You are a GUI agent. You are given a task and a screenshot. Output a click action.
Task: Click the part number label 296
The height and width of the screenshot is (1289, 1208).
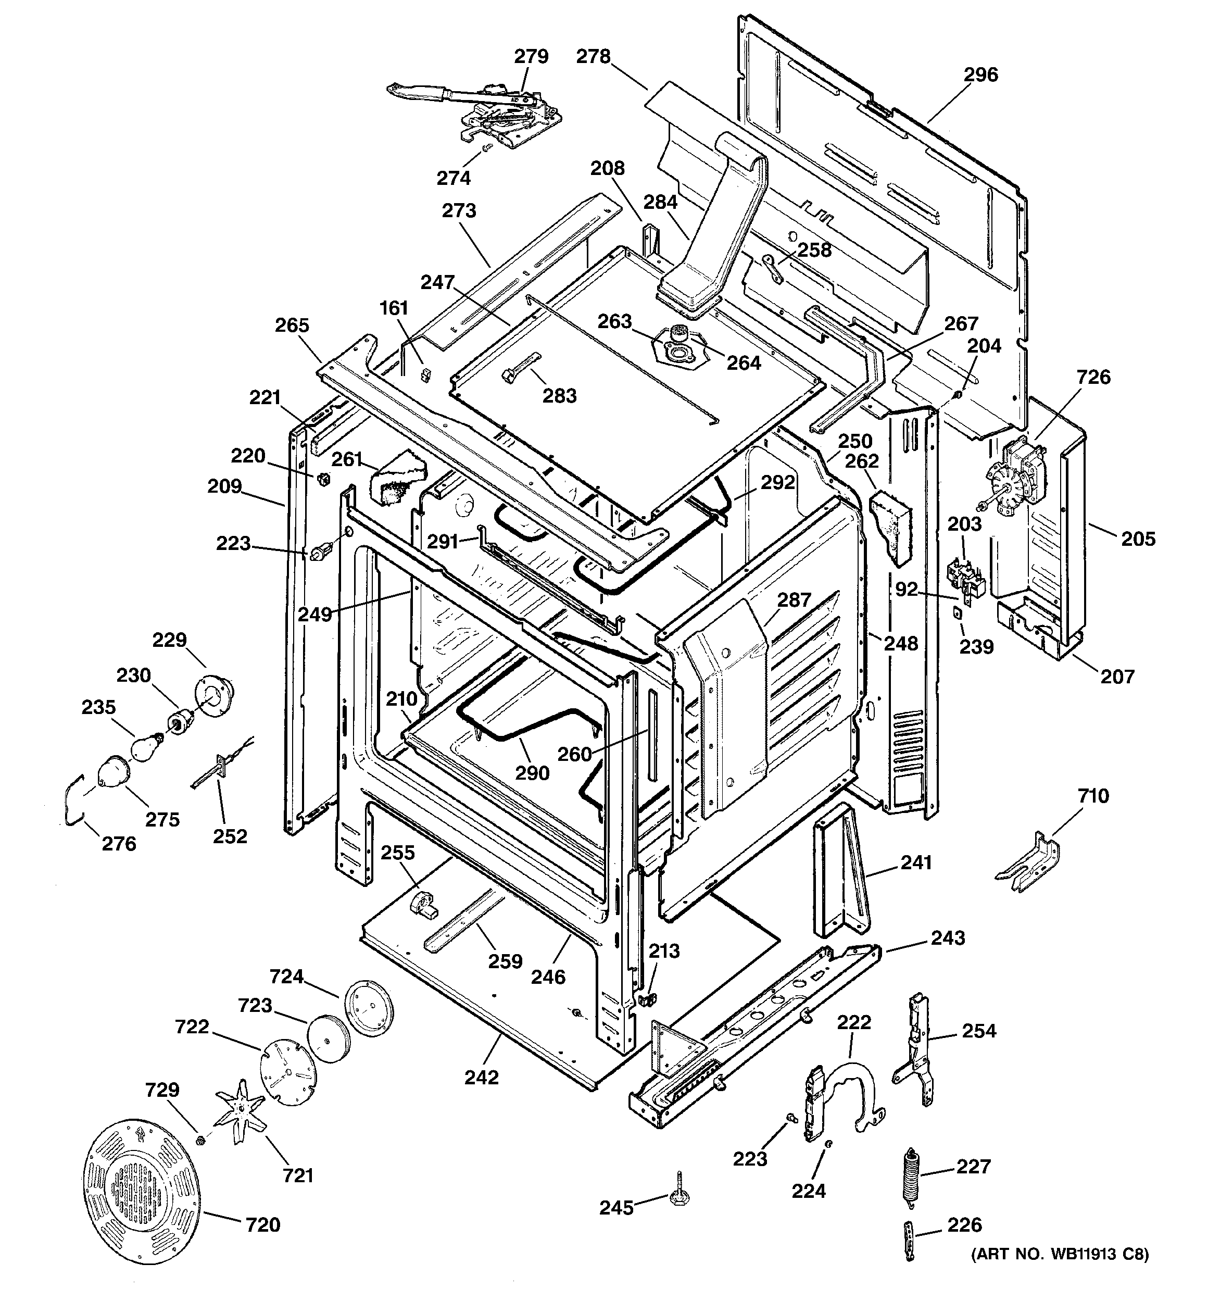coord(980,75)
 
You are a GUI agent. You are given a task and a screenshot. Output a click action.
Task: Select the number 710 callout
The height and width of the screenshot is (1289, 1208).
coord(1093,796)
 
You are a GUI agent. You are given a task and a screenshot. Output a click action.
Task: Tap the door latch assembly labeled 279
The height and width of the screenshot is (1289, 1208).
coord(480,114)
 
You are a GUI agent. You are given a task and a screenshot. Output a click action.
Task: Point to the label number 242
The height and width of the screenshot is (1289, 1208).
coord(482,1077)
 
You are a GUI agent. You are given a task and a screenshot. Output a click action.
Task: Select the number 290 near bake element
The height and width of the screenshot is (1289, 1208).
coord(532,773)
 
